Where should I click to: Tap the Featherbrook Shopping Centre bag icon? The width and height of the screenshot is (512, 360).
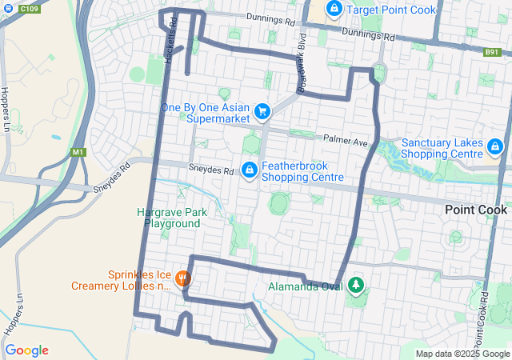[x=250, y=170]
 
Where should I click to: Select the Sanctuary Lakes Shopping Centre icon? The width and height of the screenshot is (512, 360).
[x=496, y=147]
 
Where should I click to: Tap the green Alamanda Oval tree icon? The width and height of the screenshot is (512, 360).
[x=354, y=284]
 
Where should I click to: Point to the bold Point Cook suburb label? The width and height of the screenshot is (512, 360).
[x=476, y=210]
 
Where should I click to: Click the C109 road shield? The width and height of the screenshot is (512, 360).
[x=29, y=8]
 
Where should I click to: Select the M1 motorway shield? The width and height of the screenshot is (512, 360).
[x=78, y=152]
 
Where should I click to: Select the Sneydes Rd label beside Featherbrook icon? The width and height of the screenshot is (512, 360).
[x=210, y=170]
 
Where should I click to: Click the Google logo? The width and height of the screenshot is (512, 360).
[x=26, y=350]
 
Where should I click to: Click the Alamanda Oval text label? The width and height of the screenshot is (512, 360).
[x=305, y=285]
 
